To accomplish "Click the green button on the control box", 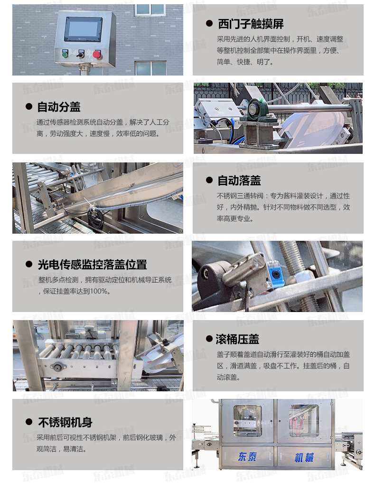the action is pos(65,55).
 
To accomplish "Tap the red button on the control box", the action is pos(97,55).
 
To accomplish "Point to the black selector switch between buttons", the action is pos(81,55).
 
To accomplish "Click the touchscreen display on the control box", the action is pos(83,29).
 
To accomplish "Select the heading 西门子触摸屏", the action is pos(251,24).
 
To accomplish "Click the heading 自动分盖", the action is pos(59,107).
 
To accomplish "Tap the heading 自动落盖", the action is pos(239,180).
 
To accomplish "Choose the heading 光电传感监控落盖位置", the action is pos(93,265).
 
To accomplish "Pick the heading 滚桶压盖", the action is pos(237,339).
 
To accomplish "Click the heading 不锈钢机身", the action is pos(66,422).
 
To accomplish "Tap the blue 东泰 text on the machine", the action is pos(247,456).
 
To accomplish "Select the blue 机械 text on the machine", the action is pos(304,457).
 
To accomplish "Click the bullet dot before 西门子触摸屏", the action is pos(209,24).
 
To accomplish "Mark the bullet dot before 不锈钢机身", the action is pos(29,422).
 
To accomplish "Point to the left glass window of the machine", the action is pos(247,421).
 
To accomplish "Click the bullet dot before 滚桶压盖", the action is pos(209,339).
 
